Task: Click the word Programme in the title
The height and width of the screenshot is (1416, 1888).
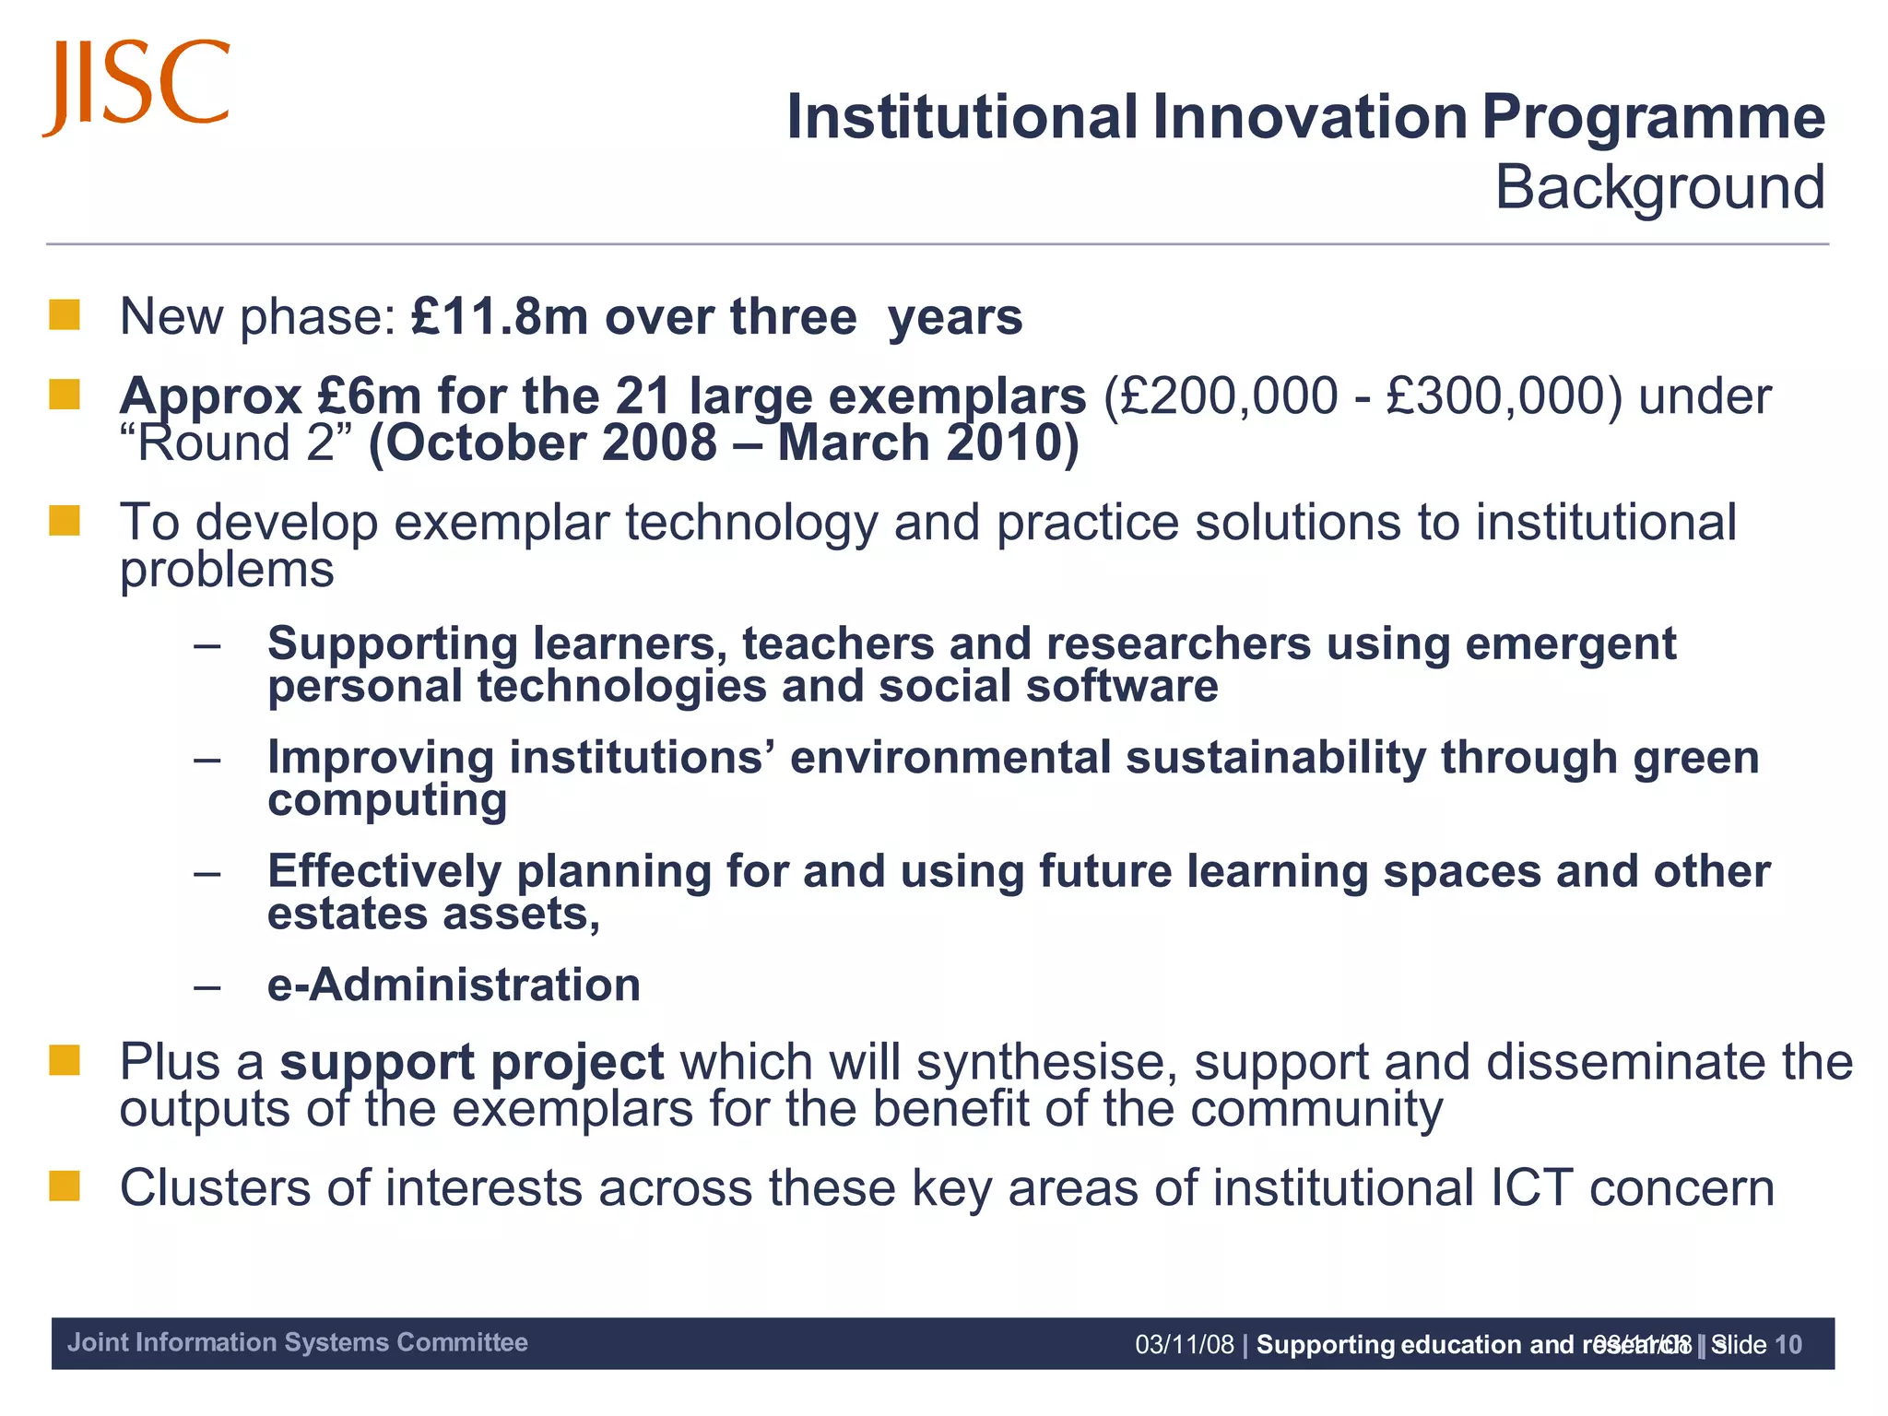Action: pos(1653,118)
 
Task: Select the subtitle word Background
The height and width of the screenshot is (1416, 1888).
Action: pos(1658,188)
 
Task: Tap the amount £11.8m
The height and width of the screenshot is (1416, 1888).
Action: pos(499,317)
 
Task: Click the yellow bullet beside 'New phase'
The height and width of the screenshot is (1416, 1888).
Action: pos(65,315)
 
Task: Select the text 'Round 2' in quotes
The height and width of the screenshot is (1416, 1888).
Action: pos(237,443)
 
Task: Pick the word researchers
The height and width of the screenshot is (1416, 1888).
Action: pos(1177,643)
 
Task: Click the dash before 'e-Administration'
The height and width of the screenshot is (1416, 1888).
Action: pos(207,986)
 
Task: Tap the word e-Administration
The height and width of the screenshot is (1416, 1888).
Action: pos(454,985)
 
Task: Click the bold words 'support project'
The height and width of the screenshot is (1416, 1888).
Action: pos(471,1062)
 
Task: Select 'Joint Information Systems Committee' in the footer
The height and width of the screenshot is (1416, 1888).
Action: pos(297,1342)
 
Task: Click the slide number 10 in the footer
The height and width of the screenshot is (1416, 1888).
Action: pos(1788,1345)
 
